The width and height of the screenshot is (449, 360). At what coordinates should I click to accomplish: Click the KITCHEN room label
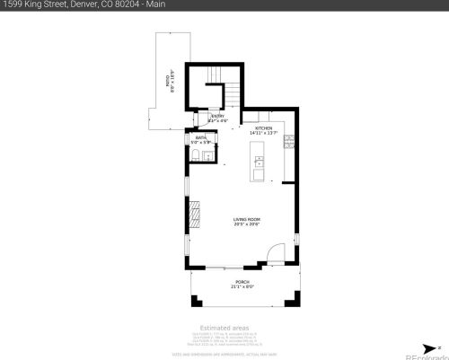point(263,127)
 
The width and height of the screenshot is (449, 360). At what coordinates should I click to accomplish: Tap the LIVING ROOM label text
point(247,219)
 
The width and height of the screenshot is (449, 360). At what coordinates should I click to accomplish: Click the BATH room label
point(200,137)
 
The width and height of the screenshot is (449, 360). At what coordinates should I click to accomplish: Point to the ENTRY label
point(217,116)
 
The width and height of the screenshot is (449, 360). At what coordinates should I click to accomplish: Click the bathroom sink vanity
point(209,156)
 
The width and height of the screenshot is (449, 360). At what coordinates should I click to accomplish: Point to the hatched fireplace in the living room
point(191,213)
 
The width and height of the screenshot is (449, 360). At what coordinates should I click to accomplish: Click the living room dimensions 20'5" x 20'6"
point(247,224)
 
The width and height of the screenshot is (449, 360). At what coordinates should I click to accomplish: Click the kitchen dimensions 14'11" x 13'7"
point(263,133)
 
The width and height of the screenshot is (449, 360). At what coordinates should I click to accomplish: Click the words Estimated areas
point(224,328)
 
